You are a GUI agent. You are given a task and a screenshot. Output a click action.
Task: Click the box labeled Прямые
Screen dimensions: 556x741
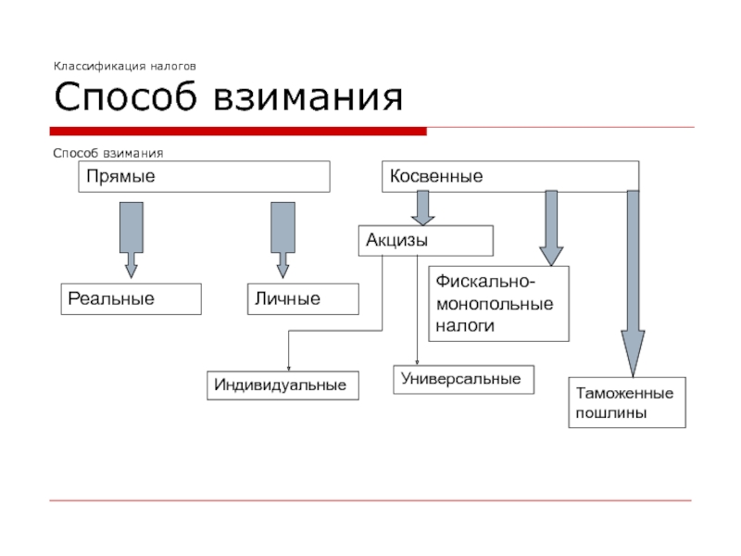tap(204, 176)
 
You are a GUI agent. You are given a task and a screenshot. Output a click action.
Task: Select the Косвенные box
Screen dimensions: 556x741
tap(510, 176)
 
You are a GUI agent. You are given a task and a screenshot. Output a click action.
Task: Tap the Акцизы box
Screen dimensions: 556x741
tap(425, 241)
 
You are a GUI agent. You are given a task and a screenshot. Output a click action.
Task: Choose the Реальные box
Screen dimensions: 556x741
tap(131, 299)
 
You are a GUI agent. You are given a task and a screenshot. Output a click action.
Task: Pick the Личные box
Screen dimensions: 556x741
tap(303, 299)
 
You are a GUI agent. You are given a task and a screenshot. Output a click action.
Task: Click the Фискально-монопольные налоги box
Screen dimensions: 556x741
tap(498, 303)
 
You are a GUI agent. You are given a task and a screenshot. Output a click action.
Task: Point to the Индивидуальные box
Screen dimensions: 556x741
tap(283, 385)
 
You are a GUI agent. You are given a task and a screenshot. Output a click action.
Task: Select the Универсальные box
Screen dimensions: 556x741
tap(465, 379)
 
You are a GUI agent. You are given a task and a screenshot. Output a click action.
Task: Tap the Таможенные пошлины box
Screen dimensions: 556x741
tap(627, 401)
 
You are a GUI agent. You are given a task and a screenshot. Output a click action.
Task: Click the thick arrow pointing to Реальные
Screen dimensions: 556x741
tap(131, 240)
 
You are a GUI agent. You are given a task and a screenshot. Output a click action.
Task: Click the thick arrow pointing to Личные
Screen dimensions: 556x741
tap(283, 240)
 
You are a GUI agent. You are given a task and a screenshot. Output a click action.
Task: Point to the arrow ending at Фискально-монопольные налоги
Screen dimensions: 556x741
tap(551, 228)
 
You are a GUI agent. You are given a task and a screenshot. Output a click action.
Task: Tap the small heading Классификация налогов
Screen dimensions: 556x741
tap(124, 67)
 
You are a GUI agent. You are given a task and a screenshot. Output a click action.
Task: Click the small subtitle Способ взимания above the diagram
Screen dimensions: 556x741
tap(108, 153)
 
